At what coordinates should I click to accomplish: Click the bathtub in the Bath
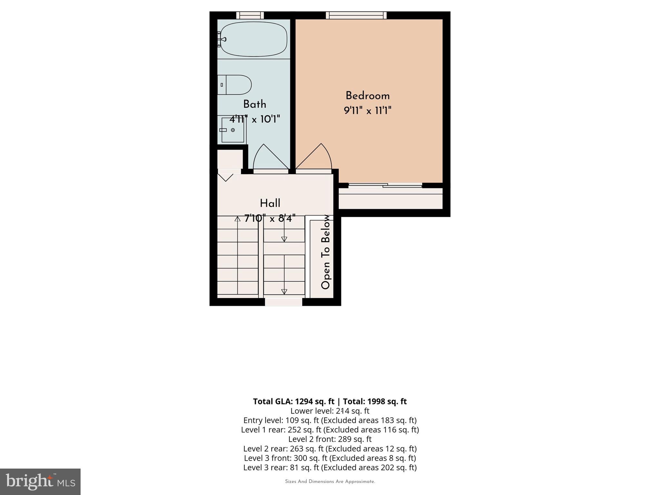coord(254,39)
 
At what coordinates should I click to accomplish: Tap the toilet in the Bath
coord(235,85)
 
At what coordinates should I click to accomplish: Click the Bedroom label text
coord(367,96)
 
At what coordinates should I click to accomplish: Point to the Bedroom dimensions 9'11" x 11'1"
coord(367,111)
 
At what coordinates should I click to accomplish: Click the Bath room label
coord(255,104)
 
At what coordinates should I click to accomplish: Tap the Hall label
coord(270,203)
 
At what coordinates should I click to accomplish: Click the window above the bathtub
coord(250,15)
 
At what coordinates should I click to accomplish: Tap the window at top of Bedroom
coord(356,15)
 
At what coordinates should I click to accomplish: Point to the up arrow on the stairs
coord(238,219)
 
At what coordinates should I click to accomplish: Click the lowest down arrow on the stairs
coord(284,291)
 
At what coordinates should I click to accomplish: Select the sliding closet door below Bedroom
coord(385,185)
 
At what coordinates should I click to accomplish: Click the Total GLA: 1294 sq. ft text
coord(294,402)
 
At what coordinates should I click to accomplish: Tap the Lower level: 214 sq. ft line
coord(330,411)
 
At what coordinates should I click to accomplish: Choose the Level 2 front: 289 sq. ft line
coord(330,439)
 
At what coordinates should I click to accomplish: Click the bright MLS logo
coord(40,481)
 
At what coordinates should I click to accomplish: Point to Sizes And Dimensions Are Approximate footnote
coord(330,481)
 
